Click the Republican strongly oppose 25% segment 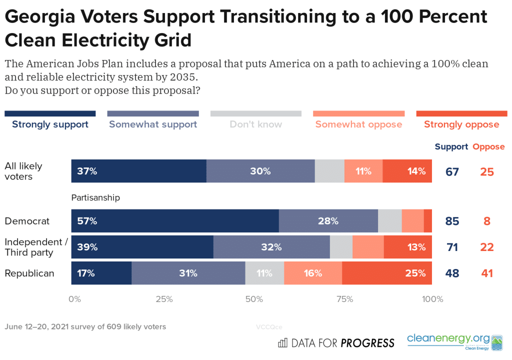pyautogui.click(x=386, y=273)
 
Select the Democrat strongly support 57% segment pyautogui.click(x=174, y=221)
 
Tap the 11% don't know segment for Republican pyautogui.click(x=264, y=273)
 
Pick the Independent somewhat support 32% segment pyautogui.click(x=271, y=247)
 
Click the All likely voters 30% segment pyautogui.click(x=260, y=171)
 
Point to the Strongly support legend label pyautogui.click(x=50, y=124)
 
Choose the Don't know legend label pyautogui.click(x=256, y=124)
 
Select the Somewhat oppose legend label pyautogui.click(x=358, y=124)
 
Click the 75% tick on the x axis pyautogui.click(x=345, y=299)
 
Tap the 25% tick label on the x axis pyautogui.click(x=164, y=299)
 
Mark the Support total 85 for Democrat pyautogui.click(x=452, y=221)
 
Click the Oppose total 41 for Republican pyautogui.click(x=486, y=273)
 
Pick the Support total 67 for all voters pyautogui.click(x=452, y=171)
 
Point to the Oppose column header pyautogui.click(x=488, y=147)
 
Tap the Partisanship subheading pyautogui.click(x=95, y=197)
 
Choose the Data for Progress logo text pyautogui.click(x=336, y=343)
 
